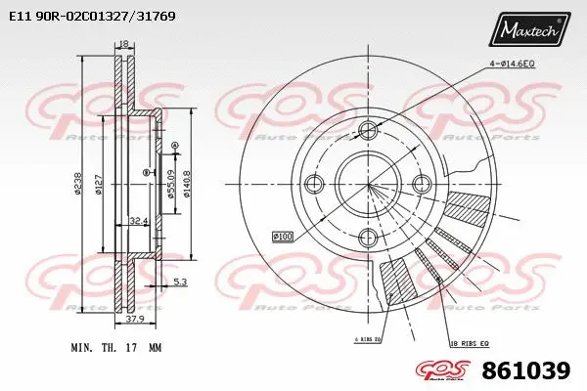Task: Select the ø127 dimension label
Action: pyautogui.click(x=98, y=183)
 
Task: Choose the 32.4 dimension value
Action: pyautogui.click(x=138, y=222)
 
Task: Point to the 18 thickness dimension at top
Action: pyautogui.click(x=122, y=44)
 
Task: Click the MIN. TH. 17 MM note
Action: pyautogui.click(x=115, y=347)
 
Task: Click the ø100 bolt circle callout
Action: pyautogui.click(x=283, y=236)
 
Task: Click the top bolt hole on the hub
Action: pyautogui.click(x=368, y=131)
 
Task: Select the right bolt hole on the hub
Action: pyautogui.click(x=422, y=183)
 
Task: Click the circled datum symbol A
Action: pyautogui.click(x=174, y=146)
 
